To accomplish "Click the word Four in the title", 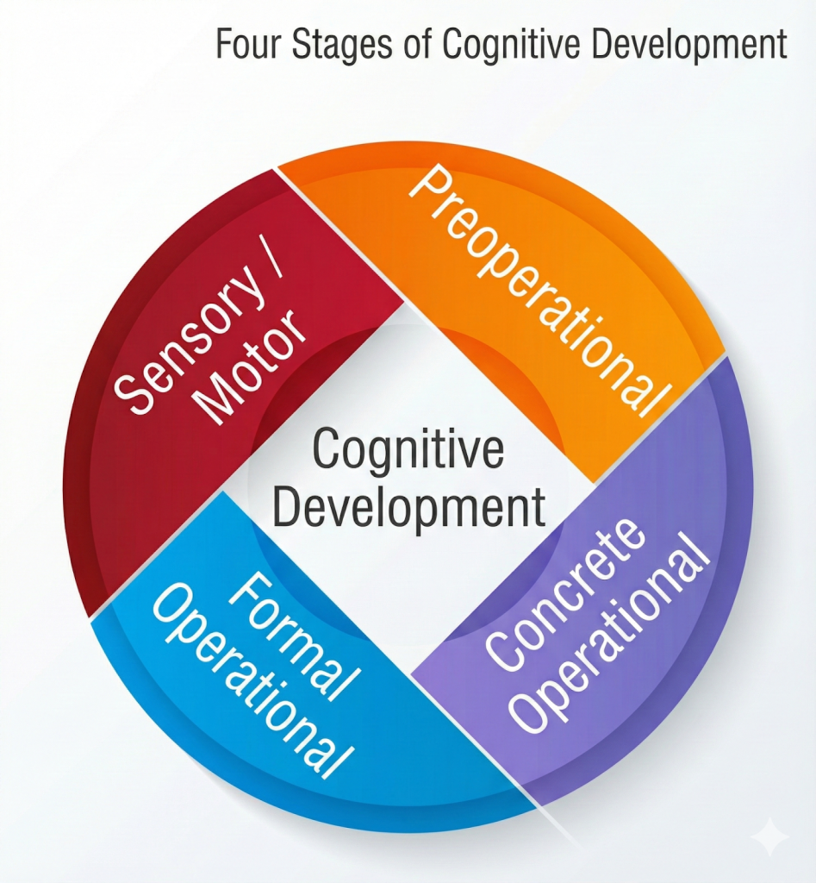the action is [x=248, y=44].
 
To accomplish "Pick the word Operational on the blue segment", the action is [x=253, y=680].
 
